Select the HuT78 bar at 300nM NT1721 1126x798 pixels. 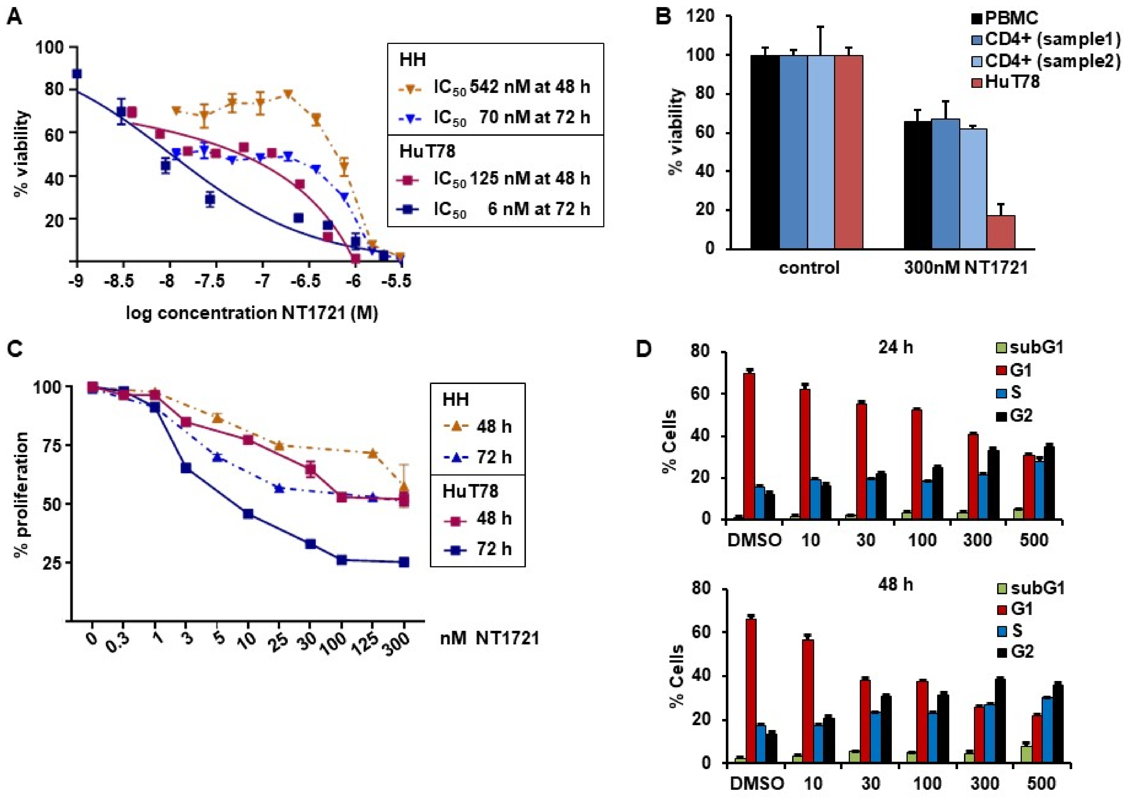[1001, 232]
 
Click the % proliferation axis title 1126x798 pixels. [21, 495]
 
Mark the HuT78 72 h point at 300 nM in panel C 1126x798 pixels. [404, 562]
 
